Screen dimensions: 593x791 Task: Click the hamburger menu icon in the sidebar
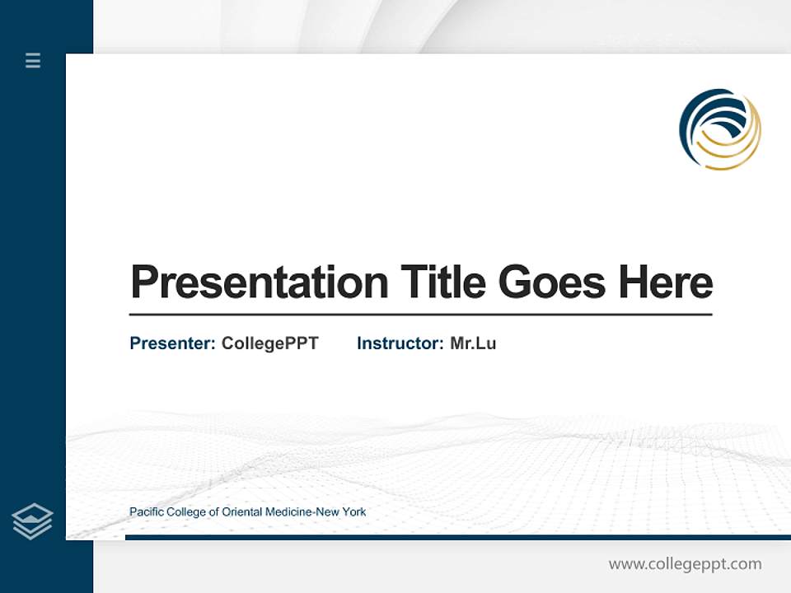pyautogui.click(x=33, y=60)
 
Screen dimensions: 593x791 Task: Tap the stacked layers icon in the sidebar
pyautogui.click(x=32, y=521)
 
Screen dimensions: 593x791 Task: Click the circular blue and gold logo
pyautogui.click(x=719, y=129)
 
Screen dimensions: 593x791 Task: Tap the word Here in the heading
pyautogui.click(x=666, y=282)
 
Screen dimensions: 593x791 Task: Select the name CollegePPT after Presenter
pyautogui.click(x=269, y=343)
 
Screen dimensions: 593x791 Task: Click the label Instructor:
pyautogui.click(x=400, y=343)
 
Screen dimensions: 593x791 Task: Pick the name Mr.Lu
pyautogui.click(x=473, y=343)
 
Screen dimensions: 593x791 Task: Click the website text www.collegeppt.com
pyautogui.click(x=685, y=564)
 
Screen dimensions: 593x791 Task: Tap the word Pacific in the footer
pyautogui.click(x=146, y=512)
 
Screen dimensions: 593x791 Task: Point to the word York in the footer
pyautogui.click(x=354, y=512)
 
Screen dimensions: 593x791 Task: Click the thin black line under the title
pyautogui.click(x=420, y=315)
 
